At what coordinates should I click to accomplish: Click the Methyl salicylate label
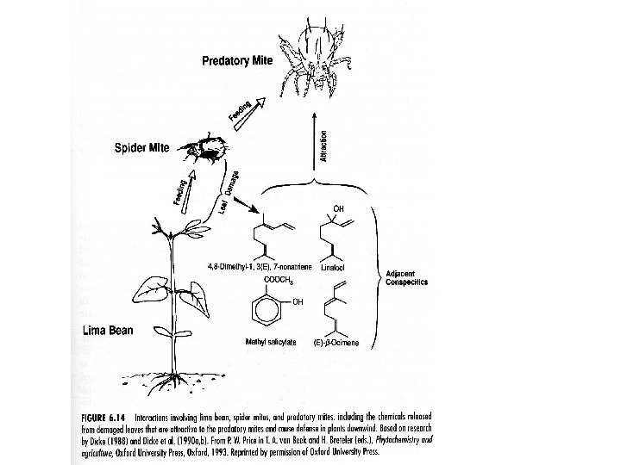[x=272, y=342]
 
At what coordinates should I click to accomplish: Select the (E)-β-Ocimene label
[x=339, y=342]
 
